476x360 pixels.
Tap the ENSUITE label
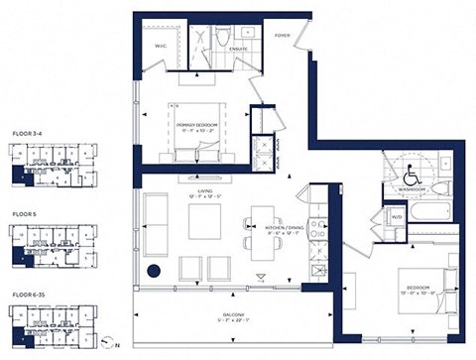(x=238, y=47)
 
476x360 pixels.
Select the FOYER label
(x=283, y=36)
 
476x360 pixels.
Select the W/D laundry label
(x=397, y=216)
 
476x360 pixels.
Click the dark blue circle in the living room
(x=154, y=271)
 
